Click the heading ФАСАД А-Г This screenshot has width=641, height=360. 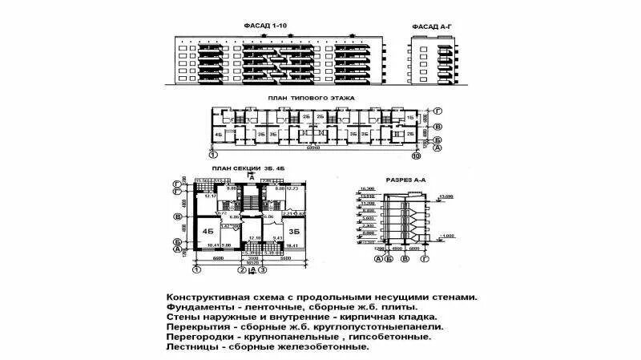[x=433, y=26]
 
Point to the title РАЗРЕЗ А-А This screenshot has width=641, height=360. [x=405, y=180]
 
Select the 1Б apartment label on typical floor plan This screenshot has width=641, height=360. [x=409, y=117]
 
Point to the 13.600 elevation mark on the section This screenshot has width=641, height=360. [x=446, y=196]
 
